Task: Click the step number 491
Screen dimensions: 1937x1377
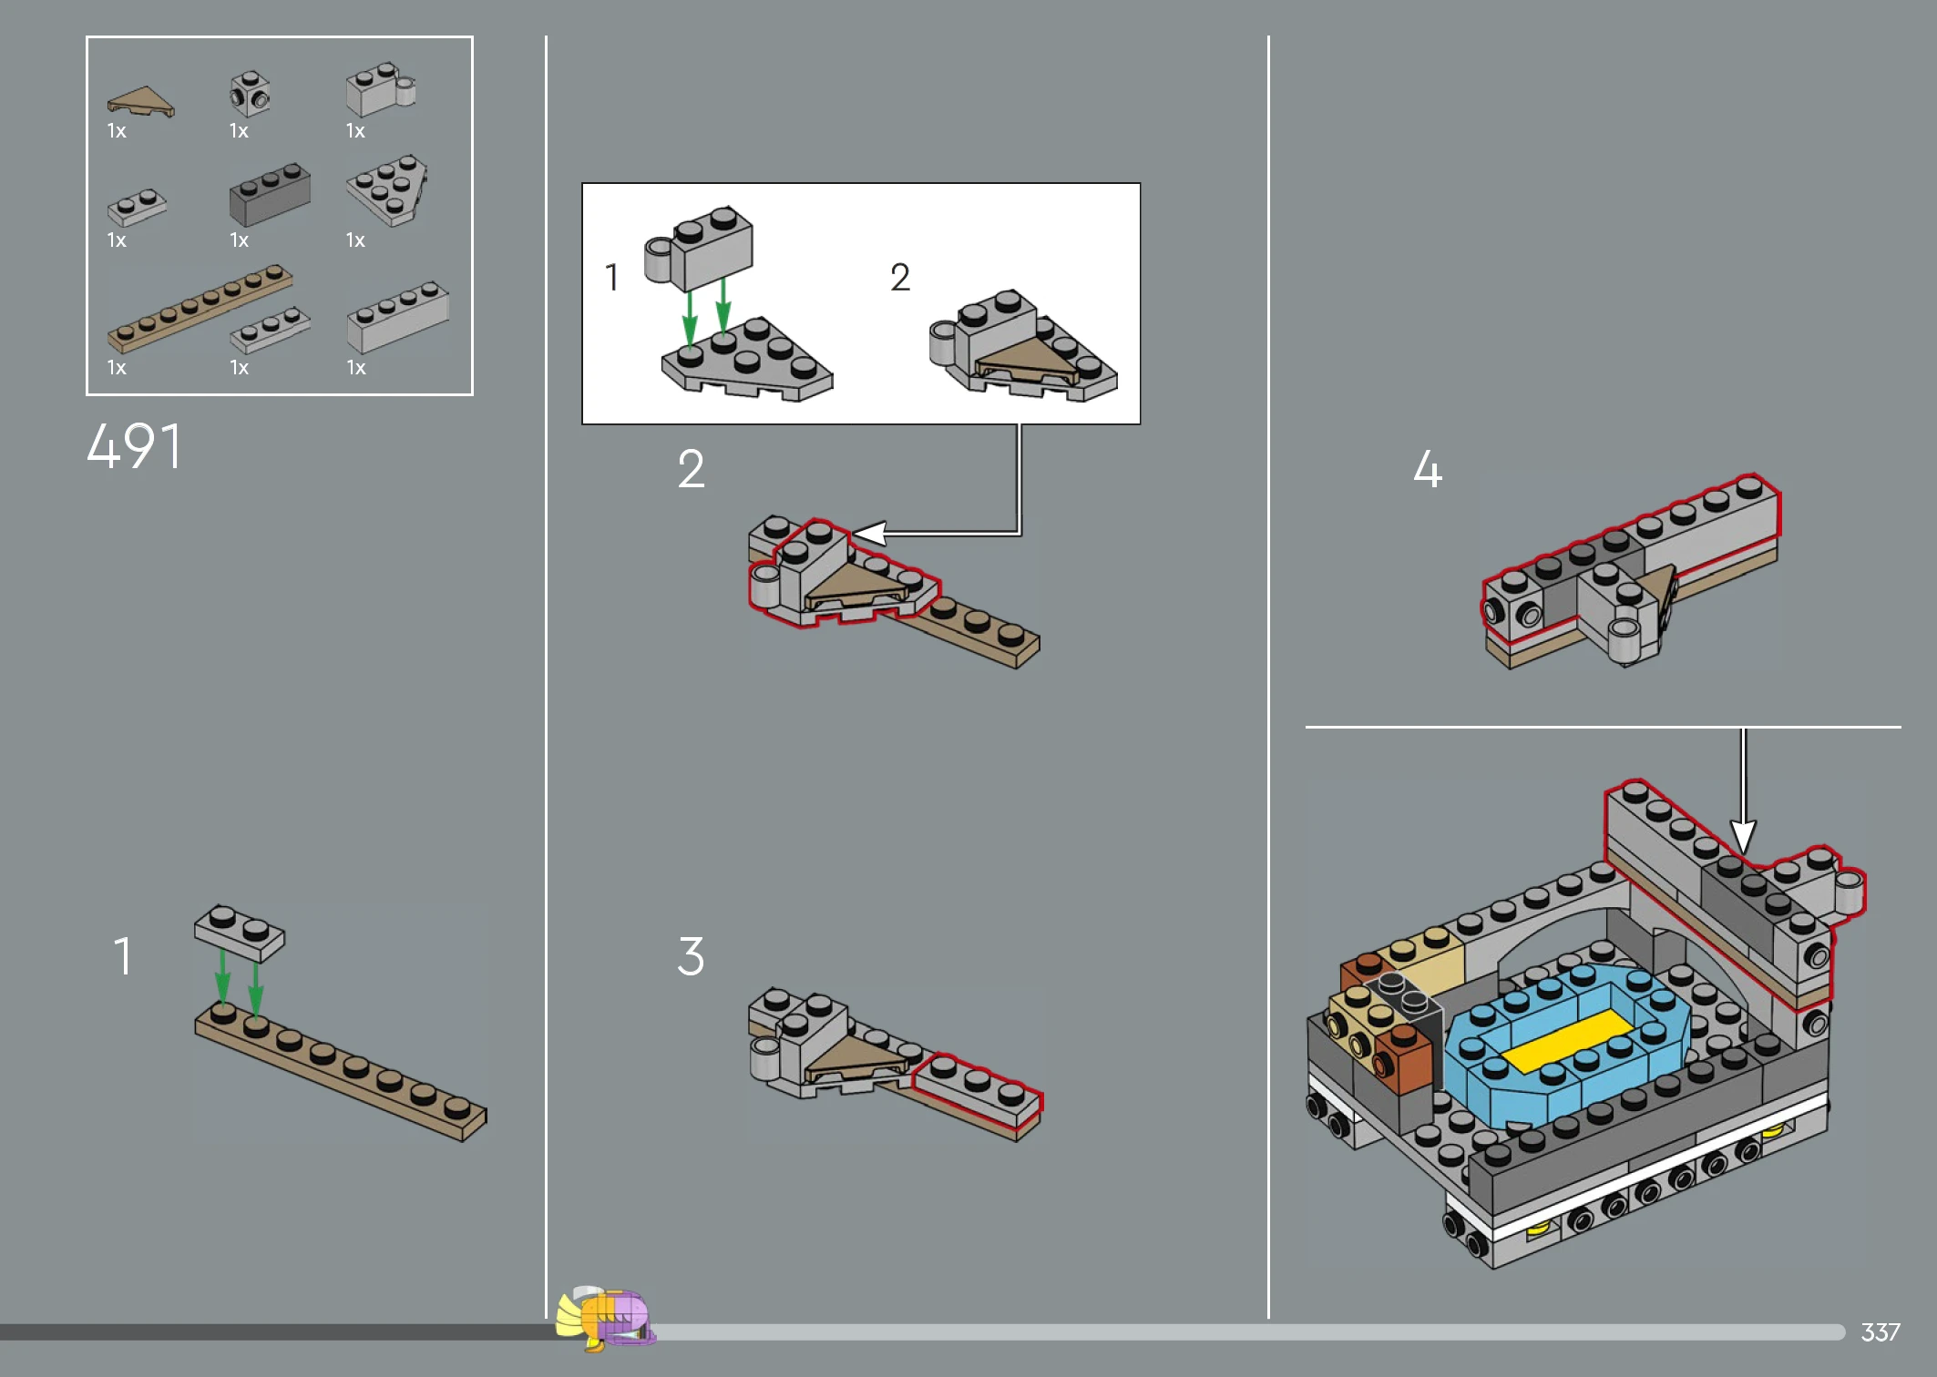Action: (134, 446)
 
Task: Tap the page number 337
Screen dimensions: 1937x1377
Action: (1880, 1332)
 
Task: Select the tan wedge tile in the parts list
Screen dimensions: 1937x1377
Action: (140, 102)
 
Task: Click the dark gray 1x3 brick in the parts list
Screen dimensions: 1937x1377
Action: (270, 194)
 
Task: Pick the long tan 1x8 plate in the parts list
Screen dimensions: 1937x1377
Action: (200, 309)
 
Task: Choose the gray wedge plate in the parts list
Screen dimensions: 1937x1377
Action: (387, 189)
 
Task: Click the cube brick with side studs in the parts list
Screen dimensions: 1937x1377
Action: (250, 94)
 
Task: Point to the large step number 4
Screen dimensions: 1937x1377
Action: (1428, 470)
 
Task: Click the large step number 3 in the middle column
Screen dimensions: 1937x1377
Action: (691, 956)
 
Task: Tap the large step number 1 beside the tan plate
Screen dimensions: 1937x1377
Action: (123, 956)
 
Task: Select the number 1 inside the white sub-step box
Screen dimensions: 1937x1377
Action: (612, 277)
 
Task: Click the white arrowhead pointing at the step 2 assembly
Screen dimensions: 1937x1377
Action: (869, 534)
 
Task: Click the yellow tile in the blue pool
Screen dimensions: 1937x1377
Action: (1566, 1041)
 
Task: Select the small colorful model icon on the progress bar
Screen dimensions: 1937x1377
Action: (606, 1318)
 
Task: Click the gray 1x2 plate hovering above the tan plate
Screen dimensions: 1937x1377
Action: (240, 933)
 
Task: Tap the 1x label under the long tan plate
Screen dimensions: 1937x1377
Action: (117, 368)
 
